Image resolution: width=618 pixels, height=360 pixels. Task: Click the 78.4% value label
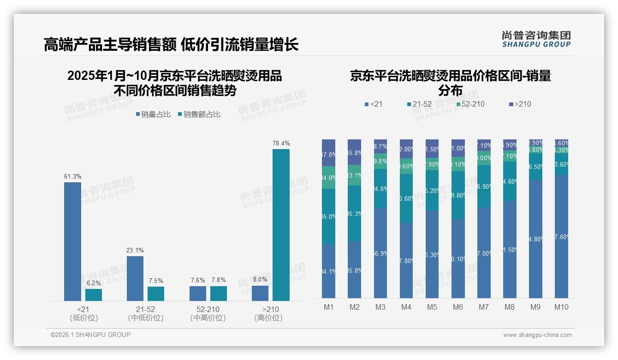click(x=281, y=144)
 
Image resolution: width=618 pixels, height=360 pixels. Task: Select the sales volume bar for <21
click(x=72, y=241)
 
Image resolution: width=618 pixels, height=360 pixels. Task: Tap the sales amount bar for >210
click(x=281, y=225)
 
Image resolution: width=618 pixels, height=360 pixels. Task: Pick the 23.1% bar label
click(x=135, y=251)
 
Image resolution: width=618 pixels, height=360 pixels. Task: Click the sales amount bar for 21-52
click(x=156, y=294)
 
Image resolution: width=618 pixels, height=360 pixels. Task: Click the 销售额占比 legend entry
click(x=199, y=114)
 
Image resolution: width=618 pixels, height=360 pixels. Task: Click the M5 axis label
click(x=432, y=307)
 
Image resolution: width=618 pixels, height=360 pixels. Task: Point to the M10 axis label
click(x=561, y=307)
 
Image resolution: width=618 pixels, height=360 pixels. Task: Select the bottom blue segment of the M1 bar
click(x=328, y=271)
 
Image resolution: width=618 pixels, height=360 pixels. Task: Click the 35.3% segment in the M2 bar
click(x=354, y=213)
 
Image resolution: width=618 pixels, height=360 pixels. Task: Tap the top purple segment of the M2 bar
click(x=354, y=152)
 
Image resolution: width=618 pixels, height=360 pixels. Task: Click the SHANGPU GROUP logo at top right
click(x=536, y=39)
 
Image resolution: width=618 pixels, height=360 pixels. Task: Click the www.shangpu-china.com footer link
click(x=537, y=335)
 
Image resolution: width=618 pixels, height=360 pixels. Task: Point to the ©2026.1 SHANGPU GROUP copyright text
click(x=90, y=335)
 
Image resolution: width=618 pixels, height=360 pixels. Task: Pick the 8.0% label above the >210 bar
click(x=260, y=279)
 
